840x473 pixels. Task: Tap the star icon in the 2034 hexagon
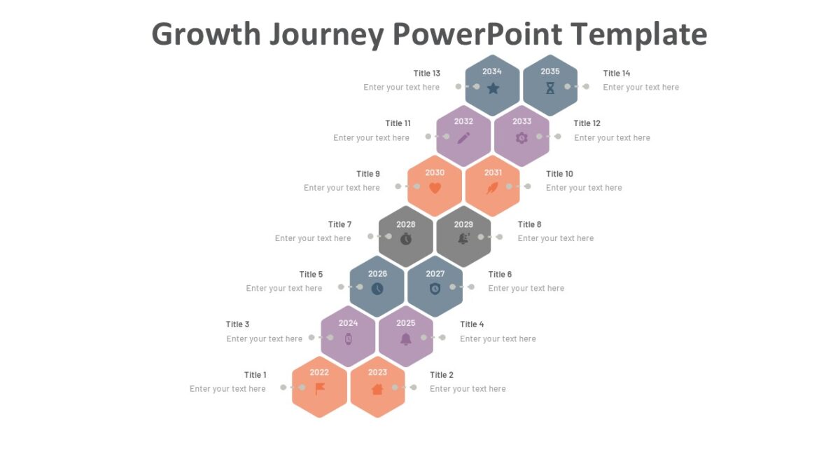coord(493,88)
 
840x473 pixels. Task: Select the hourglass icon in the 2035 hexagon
coord(550,88)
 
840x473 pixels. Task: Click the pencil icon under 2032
coord(463,138)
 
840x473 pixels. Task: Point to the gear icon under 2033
coord(521,138)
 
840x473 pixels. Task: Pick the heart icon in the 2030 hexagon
coord(435,188)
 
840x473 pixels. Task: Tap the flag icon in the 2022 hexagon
coord(320,389)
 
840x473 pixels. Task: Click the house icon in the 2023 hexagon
coord(377,390)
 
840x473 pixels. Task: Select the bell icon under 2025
coord(406,339)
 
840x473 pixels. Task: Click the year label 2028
coord(406,224)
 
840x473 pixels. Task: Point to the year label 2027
coord(435,274)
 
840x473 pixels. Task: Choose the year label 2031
coord(493,173)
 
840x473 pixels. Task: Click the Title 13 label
coord(427,74)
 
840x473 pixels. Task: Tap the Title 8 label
coord(530,225)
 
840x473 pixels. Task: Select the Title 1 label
coord(255,375)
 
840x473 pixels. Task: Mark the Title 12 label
coord(587,124)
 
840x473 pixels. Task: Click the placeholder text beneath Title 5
coord(284,289)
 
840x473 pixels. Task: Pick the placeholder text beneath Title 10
coord(584,188)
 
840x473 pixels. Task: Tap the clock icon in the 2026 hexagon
coord(377,289)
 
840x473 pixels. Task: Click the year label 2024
coord(349,323)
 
